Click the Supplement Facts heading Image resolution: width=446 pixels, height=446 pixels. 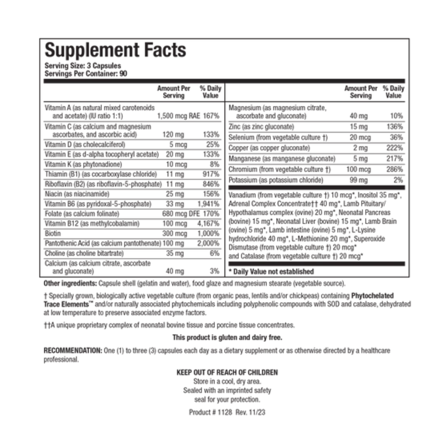coord(115,50)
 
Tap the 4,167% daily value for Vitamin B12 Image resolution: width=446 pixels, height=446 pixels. coord(209,223)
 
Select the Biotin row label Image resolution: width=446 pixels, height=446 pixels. coord(53,233)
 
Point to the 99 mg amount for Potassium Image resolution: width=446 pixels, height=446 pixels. coord(359,180)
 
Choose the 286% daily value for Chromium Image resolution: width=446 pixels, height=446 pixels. coord(394,169)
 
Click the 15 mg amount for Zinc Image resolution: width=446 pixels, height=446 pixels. coord(359,127)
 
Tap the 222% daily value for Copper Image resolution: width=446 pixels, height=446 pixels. coord(394,148)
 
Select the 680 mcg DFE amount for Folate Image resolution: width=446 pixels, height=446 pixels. coord(181,214)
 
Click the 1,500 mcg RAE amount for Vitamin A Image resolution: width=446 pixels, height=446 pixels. coord(178,116)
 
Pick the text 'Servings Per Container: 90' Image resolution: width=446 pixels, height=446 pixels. coord(86,74)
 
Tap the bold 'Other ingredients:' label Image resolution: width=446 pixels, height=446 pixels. coord(70,284)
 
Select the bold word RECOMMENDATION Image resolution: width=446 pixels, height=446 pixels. coord(72,350)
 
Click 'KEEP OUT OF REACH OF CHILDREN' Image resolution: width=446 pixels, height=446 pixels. coord(227,372)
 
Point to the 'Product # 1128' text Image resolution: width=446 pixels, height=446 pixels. coord(210,412)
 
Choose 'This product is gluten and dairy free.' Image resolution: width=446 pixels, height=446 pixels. coord(227,337)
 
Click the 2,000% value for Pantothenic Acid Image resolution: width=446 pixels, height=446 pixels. coord(209,243)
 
